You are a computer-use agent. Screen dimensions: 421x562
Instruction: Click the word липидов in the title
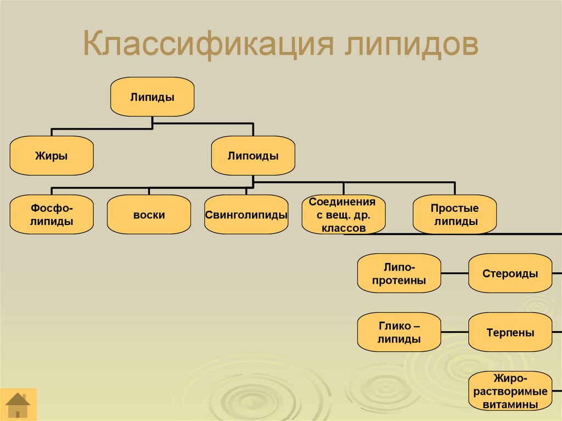point(412,46)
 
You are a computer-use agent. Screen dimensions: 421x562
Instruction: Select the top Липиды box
point(152,97)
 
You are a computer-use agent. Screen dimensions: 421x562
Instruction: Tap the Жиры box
point(52,156)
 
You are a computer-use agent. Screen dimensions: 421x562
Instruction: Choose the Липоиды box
point(253,156)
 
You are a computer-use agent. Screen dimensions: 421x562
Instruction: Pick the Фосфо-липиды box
point(52,215)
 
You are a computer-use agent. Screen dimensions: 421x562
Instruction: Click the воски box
point(149,215)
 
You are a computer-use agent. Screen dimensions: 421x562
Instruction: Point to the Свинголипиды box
point(246,215)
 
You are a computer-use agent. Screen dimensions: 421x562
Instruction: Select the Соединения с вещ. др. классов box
point(343,215)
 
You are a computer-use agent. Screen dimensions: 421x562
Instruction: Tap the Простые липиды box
point(454,215)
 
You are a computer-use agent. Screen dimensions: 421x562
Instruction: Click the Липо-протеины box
point(399,273)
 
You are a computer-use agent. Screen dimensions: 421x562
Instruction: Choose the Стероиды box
point(510,273)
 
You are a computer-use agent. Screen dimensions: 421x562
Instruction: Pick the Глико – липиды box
point(399,332)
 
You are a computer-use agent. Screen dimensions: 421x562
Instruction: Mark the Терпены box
point(510,332)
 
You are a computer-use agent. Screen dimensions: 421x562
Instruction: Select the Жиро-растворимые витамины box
point(510,391)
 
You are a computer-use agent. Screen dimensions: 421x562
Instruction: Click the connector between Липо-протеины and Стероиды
point(454,273)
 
